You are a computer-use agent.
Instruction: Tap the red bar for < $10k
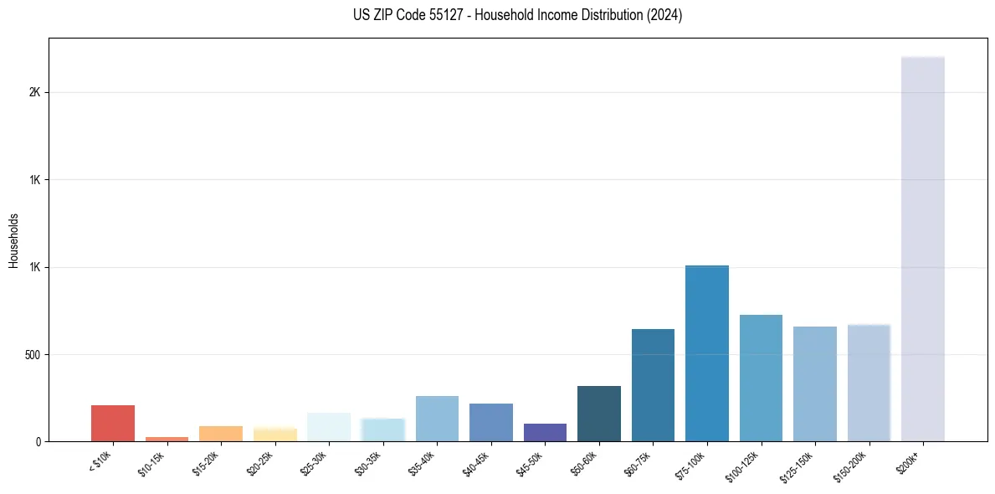(113, 423)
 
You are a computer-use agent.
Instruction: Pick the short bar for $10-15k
(167, 439)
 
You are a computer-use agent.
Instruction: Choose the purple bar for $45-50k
(545, 432)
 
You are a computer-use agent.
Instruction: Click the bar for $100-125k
(761, 378)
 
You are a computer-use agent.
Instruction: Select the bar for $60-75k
(653, 385)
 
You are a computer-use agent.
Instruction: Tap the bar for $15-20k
(221, 434)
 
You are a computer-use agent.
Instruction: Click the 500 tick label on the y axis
(33, 354)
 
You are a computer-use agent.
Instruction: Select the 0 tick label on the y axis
(38, 441)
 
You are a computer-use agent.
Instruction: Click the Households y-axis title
(13, 240)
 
